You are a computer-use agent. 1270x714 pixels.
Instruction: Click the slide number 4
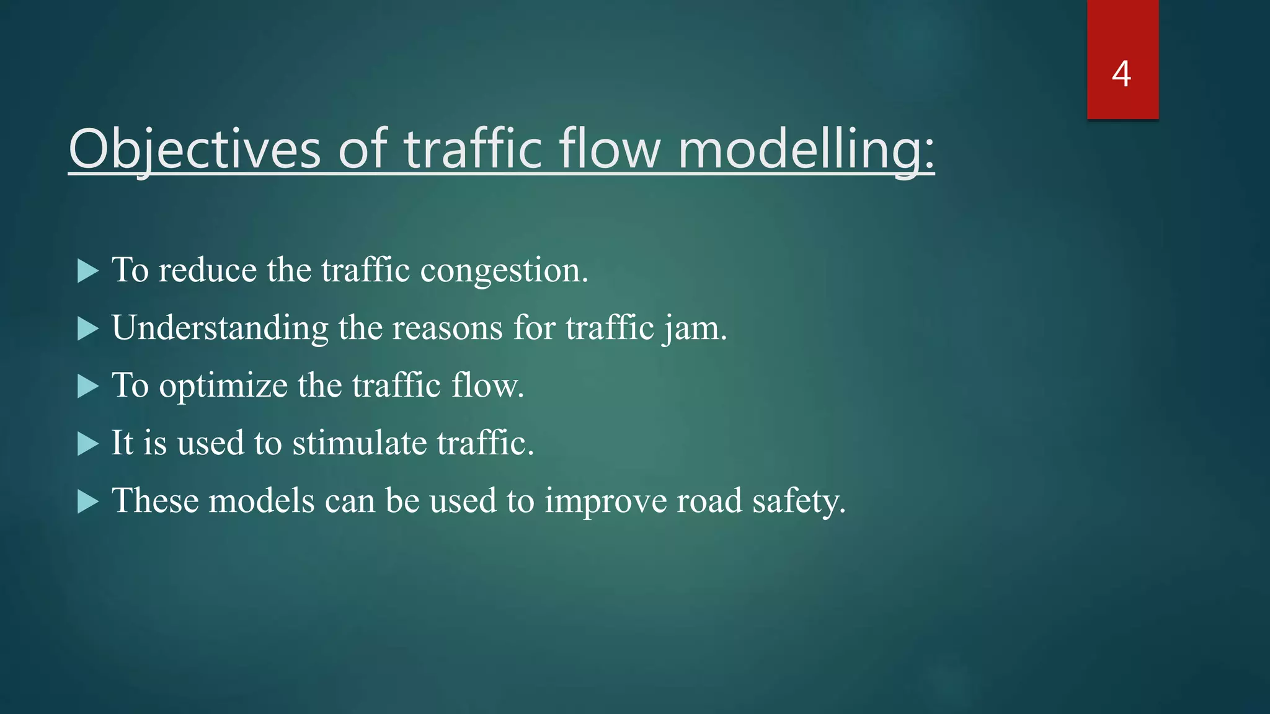(x=1121, y=74)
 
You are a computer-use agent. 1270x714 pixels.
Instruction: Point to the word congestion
(x=504, y=271)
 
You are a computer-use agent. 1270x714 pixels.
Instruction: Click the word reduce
(x=207, y=270)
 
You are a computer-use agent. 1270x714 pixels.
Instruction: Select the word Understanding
(x=220, y=328)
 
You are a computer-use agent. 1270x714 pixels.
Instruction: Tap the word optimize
(x=223, y=386)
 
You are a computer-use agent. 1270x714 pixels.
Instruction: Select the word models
(x=262, y=501)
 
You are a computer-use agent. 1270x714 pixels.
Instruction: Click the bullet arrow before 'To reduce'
(x=87, y=271)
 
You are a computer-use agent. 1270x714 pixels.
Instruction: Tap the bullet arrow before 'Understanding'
(x=87, y=328)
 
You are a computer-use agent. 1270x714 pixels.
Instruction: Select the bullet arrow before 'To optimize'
(x=87, y=386)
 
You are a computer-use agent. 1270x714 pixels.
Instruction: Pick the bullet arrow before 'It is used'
(x=87, y=444)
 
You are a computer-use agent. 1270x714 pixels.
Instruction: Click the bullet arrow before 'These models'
(x=87, y=501)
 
